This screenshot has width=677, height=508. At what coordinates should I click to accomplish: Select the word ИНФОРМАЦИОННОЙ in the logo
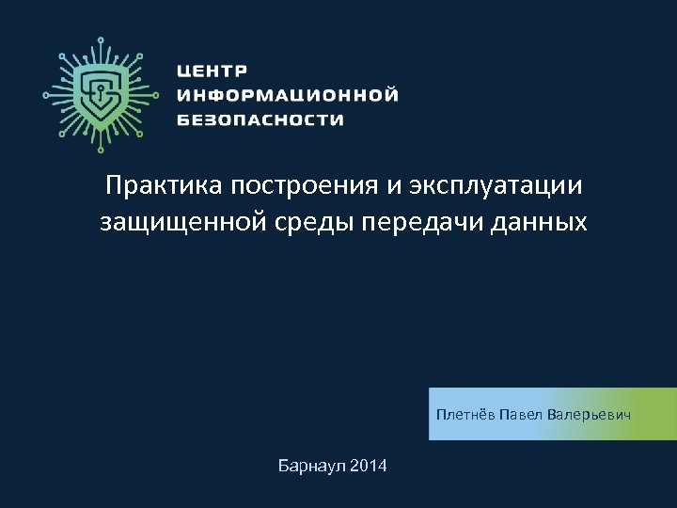tap(287, 95)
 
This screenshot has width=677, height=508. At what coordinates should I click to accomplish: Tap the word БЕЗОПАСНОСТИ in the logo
tap(260, 119)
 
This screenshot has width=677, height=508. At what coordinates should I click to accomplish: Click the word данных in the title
tap(544, 223)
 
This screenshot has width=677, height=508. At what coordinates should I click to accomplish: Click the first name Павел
tap(520, 415)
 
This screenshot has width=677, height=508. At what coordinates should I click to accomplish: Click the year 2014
tap(368, 467)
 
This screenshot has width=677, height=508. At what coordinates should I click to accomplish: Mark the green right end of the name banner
tap(663, 414)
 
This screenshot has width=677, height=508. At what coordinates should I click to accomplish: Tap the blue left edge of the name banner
tap(433, 414)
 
